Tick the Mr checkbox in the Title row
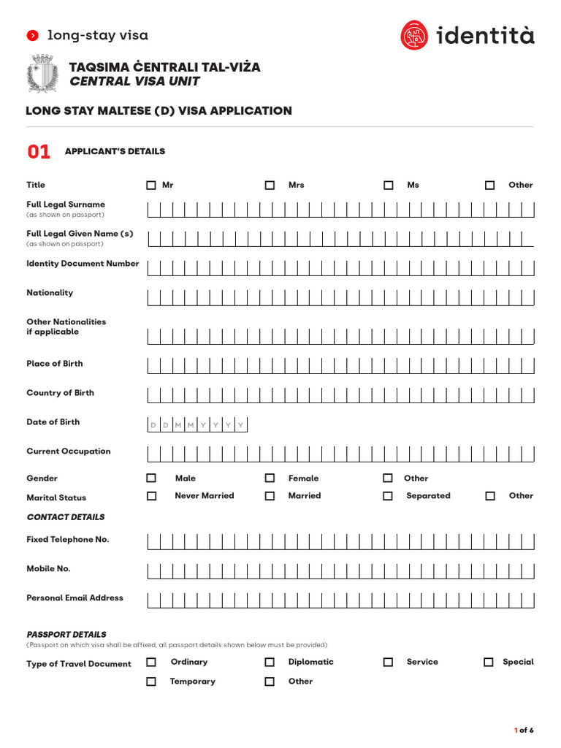(x=151, y=186)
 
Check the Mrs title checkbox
(x=270, y=186)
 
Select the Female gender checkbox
(x=270, y=478)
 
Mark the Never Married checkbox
(x=151, y=496)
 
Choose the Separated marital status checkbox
(x=388, y=496)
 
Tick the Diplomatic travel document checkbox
(x=270, y=663)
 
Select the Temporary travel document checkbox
(x=151, y=682)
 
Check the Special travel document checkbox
(x=489, y=663)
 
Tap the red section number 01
(x=39, y=152)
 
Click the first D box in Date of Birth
(x=153, y=425)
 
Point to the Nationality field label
(x=50, y=293)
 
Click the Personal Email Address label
(x=75, y=598)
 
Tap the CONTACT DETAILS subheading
(x=65, y=517)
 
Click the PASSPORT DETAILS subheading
(x=66, y=635)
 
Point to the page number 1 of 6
(x=524, y=730)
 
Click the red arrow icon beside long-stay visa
(x=32, y=36)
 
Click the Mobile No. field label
(x=48, y=569)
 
